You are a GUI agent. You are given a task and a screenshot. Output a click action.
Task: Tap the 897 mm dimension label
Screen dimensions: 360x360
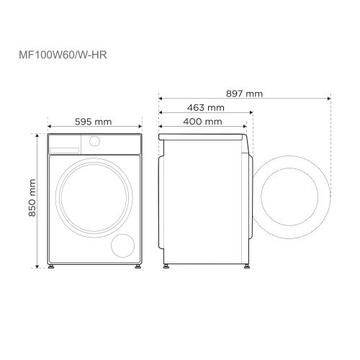click(243, 94)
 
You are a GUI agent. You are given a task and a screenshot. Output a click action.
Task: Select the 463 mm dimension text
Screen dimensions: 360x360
click(205, 107)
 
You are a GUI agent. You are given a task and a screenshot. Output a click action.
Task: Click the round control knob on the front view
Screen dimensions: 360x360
click(94, 143)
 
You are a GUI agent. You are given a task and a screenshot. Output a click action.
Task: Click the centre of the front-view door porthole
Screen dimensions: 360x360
click(92, 197)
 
